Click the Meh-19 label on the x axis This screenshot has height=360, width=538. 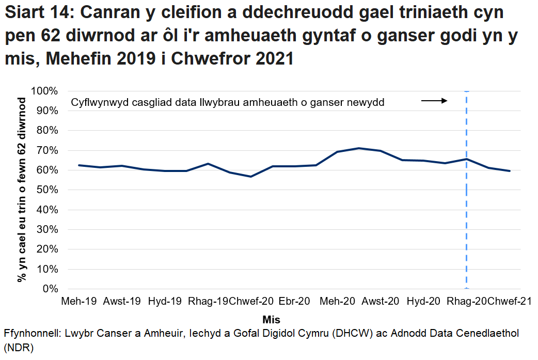point(78,301)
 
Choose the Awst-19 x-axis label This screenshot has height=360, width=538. point(122,301)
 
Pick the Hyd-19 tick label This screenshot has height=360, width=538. point(165,301)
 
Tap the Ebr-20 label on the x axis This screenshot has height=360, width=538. point(294,301)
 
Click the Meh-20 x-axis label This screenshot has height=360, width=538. point(337,301)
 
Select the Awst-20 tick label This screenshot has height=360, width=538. point(381,301)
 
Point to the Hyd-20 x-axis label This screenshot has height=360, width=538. point(423,301)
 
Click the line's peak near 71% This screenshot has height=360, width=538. point(359,148)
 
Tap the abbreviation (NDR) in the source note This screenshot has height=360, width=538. point(18,348)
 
